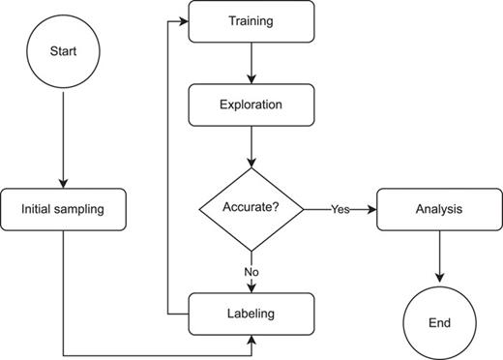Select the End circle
(x=440, y=320)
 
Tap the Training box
(x=251, y=21)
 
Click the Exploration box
(x=251, y=104)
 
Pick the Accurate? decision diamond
(x=251, y=208)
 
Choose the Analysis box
(x=440, y=209)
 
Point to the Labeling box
(x=251, y=314)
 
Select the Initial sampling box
(x=63, y=209)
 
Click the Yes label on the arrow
(x=340, y=209)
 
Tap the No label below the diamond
(x=251, y=272)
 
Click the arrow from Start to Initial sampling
(x=63, y=135)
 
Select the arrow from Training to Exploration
(x=251, y=63)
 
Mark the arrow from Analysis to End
(x=440, y=256)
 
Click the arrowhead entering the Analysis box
(x=371, y=209)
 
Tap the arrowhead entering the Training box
(x=183, y=21)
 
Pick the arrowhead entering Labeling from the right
(x=253, y=338)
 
